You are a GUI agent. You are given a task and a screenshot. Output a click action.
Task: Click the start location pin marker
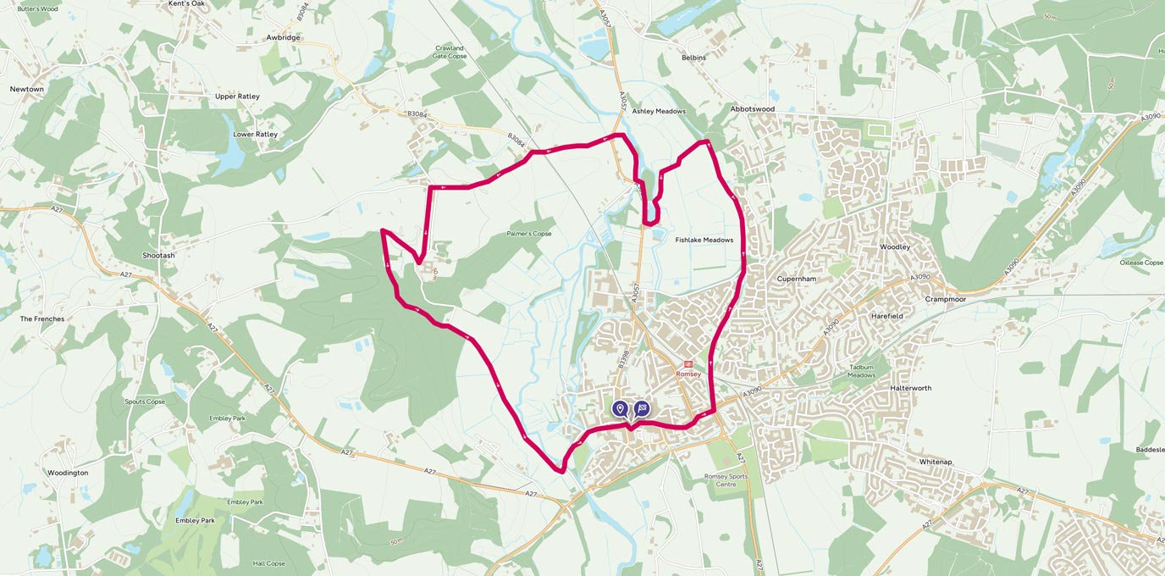[x=620, y=409]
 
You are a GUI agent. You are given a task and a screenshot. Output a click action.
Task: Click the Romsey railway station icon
[x=687, y=363]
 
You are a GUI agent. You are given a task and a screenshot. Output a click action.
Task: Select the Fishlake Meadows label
[x=704, y=240]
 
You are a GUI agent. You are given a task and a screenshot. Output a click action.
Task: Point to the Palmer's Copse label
[x=529, y=234]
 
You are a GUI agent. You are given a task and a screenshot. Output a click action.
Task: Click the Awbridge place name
[x=283, y=37]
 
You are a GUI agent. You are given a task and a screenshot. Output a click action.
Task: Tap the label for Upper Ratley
[x=237, y=97]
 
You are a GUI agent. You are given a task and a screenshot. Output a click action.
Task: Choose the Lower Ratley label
[x=255, y=134]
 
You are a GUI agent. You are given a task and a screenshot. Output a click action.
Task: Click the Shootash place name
[x=158, y=255]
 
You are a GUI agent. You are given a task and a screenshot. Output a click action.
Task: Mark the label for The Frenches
[x=42, y=318]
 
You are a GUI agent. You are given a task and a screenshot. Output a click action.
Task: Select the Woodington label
[x=68, y=473]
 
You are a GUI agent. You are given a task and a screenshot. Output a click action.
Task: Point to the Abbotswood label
[x=752, y=109]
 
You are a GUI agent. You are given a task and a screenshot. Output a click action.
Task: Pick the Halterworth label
[x=910, y=388]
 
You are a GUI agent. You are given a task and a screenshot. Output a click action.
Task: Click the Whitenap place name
[x=936, y=462]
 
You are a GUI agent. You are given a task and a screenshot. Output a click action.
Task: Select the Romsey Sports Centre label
[x=726, y=480]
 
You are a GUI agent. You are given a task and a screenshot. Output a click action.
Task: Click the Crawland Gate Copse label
[x=449, y=52]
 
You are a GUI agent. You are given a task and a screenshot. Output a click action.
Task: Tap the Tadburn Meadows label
[x=861, y=371]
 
